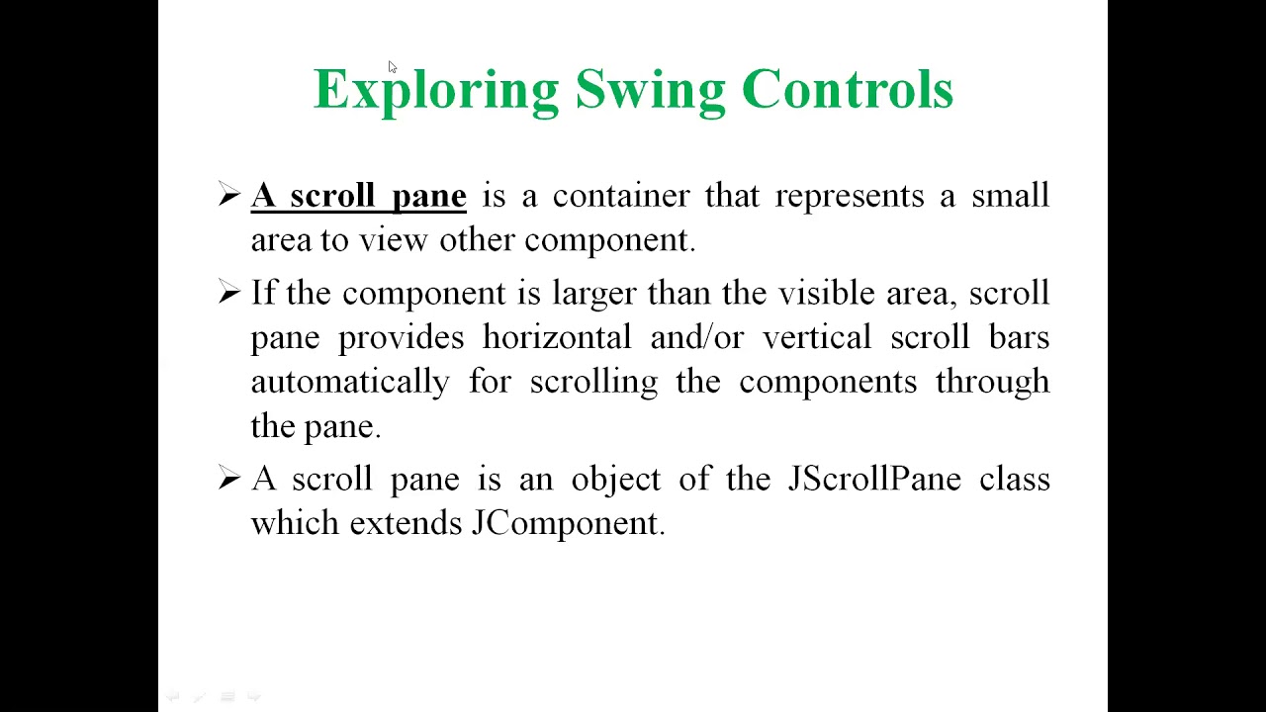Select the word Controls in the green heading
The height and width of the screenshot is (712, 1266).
(848, 89)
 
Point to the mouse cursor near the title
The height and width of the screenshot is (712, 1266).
(393, 67)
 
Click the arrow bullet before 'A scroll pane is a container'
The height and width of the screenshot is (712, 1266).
(229, 195)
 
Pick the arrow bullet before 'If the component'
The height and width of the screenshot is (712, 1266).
(229, 292)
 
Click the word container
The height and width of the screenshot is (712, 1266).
(621, 196)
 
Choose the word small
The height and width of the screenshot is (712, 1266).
(1011, 195)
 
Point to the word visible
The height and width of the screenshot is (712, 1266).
(826, 293)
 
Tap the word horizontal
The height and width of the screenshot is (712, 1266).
(557, 337)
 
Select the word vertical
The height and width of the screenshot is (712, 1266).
(817, 337)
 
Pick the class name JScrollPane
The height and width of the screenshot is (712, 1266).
(874, 479)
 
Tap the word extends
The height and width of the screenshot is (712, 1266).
(406, 523)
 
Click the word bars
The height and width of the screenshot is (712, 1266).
(1019, 337)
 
